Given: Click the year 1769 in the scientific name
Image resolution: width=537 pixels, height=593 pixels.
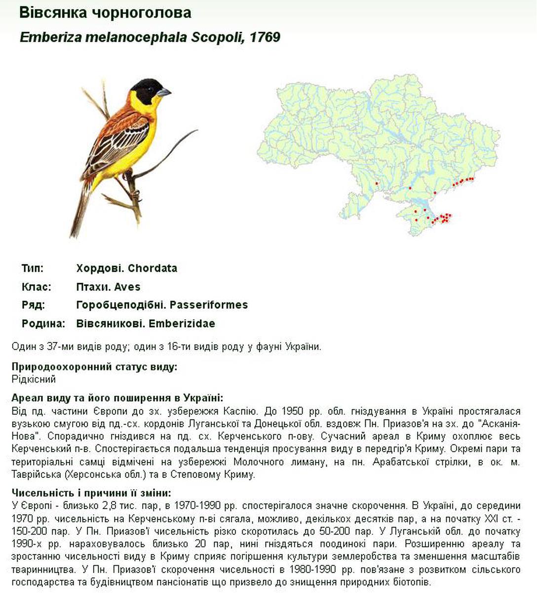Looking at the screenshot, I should pyautogui.click(x=266, y=38).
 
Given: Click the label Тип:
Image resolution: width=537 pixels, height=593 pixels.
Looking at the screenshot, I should pyautogui.click(x=33, y=268).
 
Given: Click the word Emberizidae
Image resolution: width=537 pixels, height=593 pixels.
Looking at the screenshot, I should pyautogui.click(x=182, y=324).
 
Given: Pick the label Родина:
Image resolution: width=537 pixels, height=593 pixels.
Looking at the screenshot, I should pyautogui.click(x=43, y=324).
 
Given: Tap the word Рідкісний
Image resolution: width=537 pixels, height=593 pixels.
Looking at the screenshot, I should pyautogui.click(x=34, y=380).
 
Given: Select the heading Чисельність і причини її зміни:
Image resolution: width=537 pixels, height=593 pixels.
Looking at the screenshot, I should pyautogui.click(x=91, y=493).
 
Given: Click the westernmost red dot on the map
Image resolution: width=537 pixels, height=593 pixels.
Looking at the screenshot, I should pyautogui.click(x=377, y=183).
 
